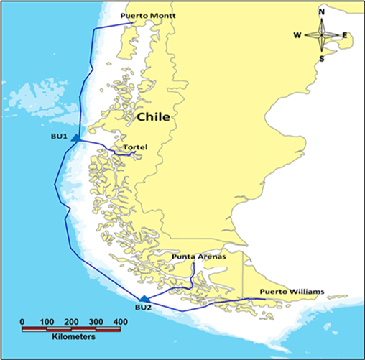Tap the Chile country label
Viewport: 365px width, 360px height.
coord(153,117)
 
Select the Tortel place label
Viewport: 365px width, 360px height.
coord(135,148)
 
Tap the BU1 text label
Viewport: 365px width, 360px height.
coord(59,135)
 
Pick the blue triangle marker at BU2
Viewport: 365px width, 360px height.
coord(144,298)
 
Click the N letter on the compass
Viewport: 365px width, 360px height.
coord(321,11)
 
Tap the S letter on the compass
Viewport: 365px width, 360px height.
coord(321,58)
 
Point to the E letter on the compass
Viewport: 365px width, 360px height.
coord(345,34)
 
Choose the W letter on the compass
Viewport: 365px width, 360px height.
coord(297,34)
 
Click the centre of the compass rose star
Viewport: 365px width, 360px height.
coord(321,34)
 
